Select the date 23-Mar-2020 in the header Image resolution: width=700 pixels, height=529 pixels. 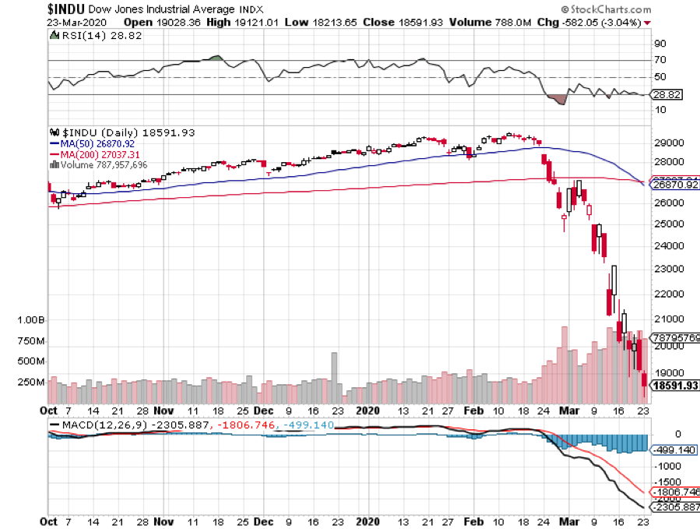[x=76, y=22]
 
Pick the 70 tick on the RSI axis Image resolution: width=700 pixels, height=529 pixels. [x=660, y=60]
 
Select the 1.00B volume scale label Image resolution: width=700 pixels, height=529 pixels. [x=31, y=320]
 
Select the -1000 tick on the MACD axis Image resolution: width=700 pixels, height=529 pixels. [x=669, y=465]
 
